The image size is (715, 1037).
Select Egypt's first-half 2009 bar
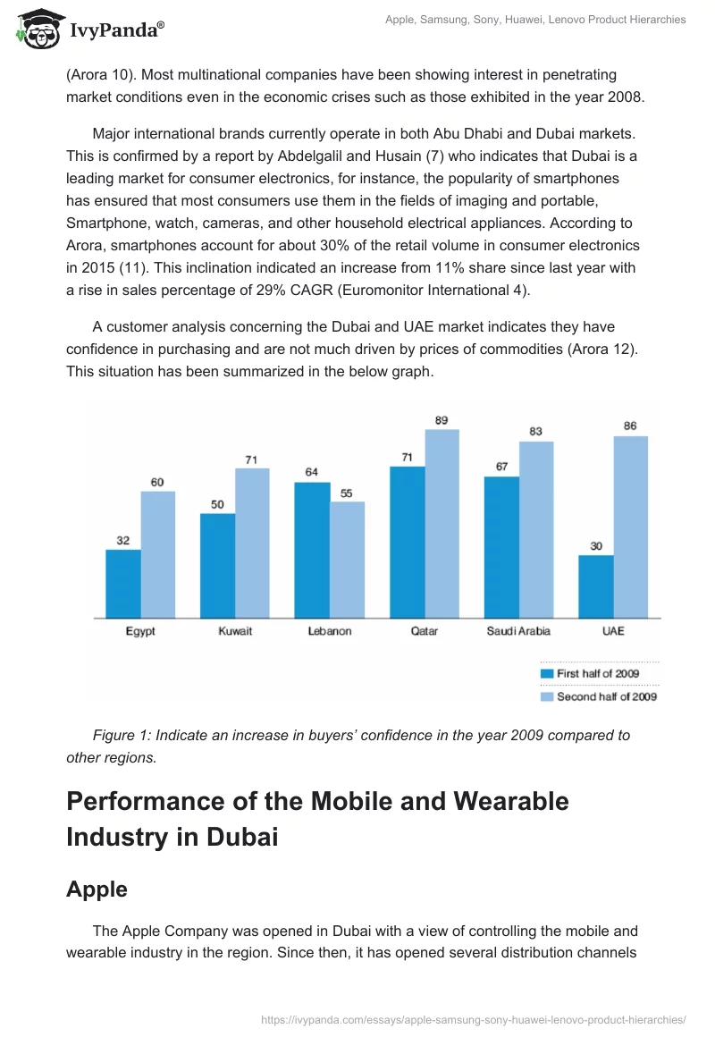coord(123,584)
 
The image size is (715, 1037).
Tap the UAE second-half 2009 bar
coord(630,527)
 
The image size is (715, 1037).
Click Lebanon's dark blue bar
coord(312,550)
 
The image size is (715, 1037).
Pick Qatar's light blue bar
coord(442,523)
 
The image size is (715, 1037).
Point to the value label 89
coord(442,420)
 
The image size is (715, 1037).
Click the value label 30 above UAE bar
coord(596,546)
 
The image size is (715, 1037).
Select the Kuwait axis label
coord(235,631)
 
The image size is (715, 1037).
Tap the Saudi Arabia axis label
coord(518,631)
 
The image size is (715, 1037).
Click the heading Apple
coord(97,889)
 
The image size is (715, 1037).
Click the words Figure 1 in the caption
coord(122,735)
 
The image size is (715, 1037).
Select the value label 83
coord(536,432)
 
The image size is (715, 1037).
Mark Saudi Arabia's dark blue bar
coord(501,547)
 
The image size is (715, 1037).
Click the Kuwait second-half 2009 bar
coord(252,543)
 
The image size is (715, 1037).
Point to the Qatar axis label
coord(424,631)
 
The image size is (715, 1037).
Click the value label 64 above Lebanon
coord(311,472)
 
